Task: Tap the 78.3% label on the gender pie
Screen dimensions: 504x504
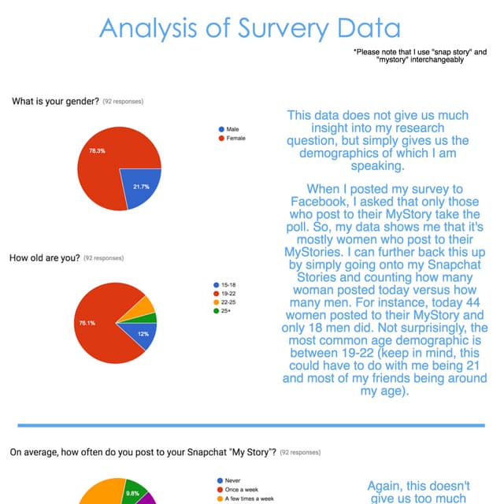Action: pos(97,150)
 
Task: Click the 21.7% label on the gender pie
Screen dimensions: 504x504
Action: pos(141,186)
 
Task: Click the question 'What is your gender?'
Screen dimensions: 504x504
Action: pos(54,101)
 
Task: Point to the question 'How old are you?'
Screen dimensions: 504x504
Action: pos(44,258)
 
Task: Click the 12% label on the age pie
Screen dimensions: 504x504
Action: pos(143,334)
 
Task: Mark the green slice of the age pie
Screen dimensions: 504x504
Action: pos(152,317)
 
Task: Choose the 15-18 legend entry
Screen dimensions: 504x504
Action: pos(228,284)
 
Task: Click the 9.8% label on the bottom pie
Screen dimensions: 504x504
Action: pos(133,494)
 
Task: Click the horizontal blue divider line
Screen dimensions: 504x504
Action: pos(252,425)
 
